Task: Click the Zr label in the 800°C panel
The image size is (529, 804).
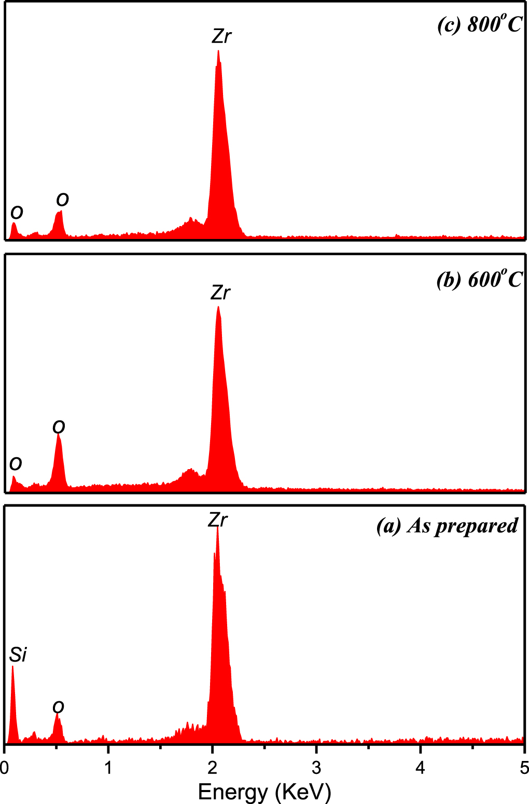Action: (x=221, y=37)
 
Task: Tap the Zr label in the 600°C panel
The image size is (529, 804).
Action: (x=220, y=293)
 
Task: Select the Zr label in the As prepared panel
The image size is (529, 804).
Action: (x=218, y=520)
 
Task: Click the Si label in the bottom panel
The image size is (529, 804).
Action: (x=18, y=655)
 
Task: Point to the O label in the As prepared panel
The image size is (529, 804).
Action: (x=58, y=707)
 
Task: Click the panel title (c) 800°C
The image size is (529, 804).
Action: (x=479, y=24)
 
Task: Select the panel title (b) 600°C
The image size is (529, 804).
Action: (x=479, y=280)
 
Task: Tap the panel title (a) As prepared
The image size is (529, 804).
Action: (x=447, y=526)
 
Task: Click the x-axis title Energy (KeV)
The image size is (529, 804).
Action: (x=264, y=792)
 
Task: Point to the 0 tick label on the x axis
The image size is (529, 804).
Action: (x=4, y=767)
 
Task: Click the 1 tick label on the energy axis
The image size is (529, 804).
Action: (x=108, y=767)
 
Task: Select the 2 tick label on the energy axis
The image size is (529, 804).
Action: (x=212, y=767)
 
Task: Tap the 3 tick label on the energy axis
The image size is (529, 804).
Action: (x=316, y=767)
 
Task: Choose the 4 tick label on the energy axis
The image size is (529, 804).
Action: (x=420, y=767)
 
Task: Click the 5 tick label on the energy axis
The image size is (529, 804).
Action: (x=524, y=767)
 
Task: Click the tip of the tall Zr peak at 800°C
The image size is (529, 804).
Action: (x=218, y=51)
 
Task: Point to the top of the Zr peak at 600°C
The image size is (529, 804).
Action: (x=218, y=307)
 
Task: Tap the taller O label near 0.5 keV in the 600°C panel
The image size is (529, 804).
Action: (x=59, y=427)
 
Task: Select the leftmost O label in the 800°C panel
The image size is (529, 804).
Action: (x=17, y=212)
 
